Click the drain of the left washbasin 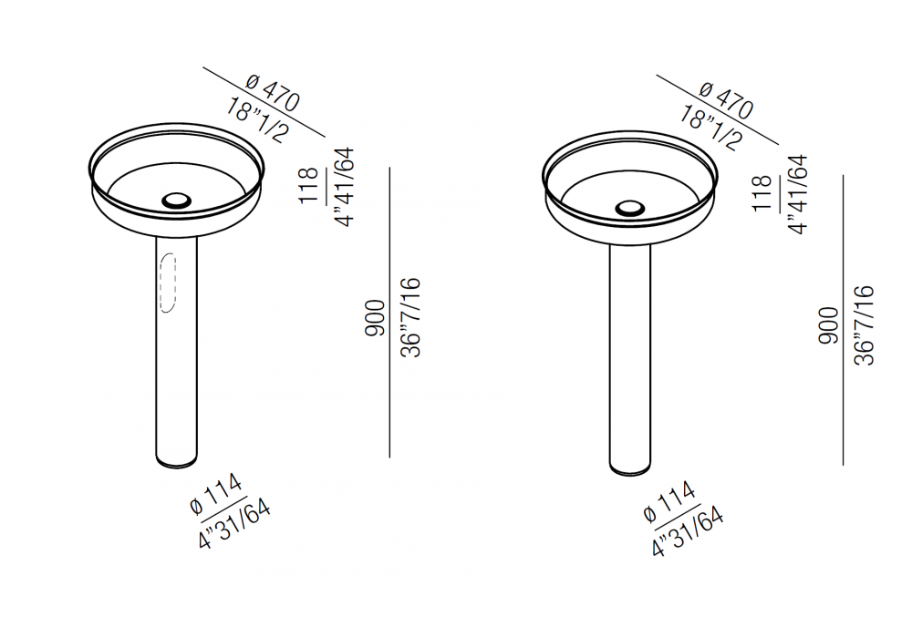176,201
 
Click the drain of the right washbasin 630,209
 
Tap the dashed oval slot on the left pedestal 168,283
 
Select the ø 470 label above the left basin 274,93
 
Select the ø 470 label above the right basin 727,100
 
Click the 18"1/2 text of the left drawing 257,120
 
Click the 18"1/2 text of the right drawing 710,128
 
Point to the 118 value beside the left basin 309,186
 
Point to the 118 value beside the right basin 762,193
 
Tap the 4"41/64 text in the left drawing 345,187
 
